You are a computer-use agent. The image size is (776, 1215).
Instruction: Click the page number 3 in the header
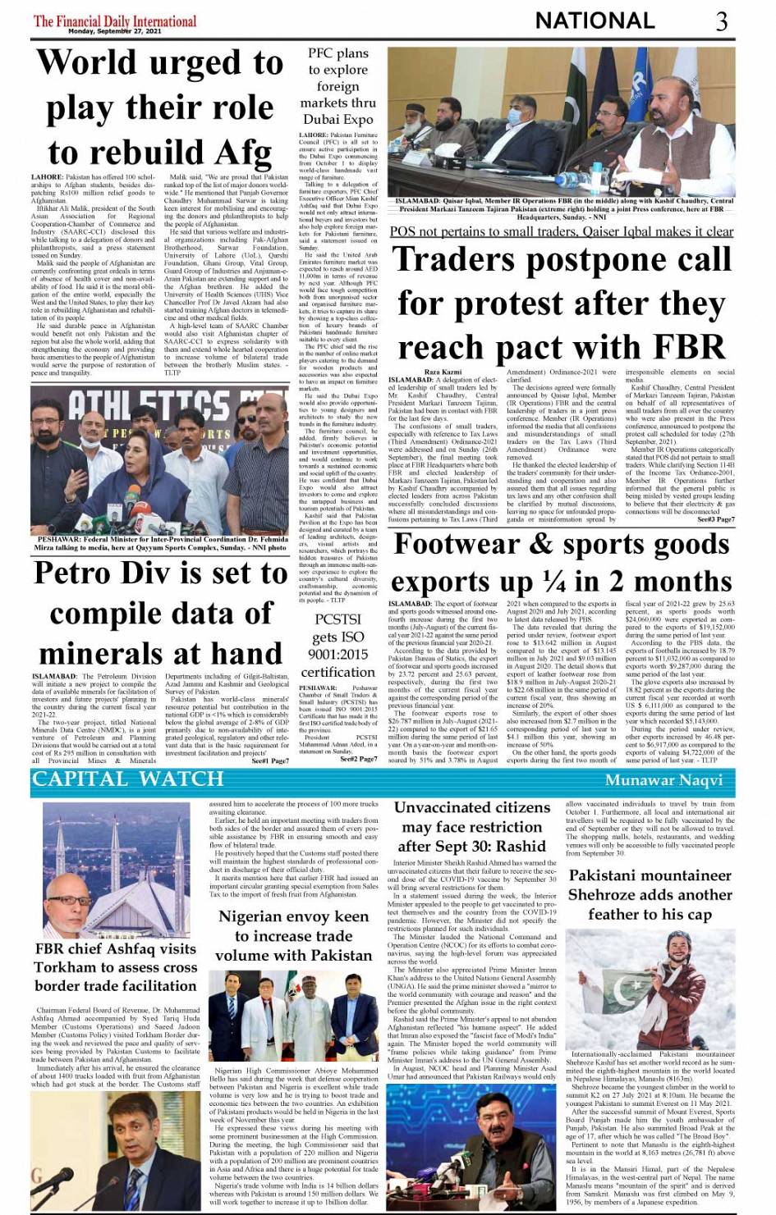721,21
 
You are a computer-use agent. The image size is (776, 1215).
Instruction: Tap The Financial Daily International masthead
114,21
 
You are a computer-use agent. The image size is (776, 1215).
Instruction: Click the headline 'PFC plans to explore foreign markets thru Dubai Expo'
337,86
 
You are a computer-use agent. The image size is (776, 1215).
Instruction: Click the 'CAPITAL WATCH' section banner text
127,779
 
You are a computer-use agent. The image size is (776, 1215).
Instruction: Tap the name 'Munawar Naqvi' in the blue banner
664,780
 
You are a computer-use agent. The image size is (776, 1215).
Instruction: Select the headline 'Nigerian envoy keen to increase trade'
293,936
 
